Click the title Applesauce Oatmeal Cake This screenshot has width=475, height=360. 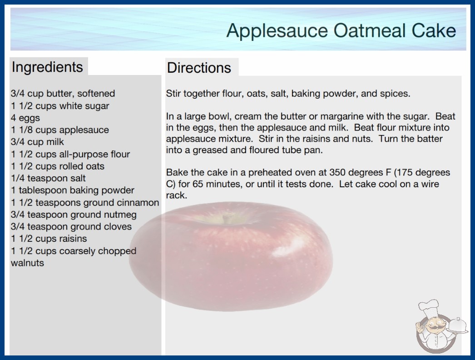tap(341, 30)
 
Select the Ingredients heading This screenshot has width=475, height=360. tap(47, 67)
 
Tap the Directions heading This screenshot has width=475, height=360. tap(199, 68)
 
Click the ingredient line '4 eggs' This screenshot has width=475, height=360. tap(25, 118)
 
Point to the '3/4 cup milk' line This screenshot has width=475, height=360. tap(38, 142)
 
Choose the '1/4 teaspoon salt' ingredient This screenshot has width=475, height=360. tap(48, 178)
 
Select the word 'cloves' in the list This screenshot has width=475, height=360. tap(118, 226)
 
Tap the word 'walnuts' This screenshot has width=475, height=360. tap(28, 263)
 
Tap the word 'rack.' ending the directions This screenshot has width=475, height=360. tap(177, 195)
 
